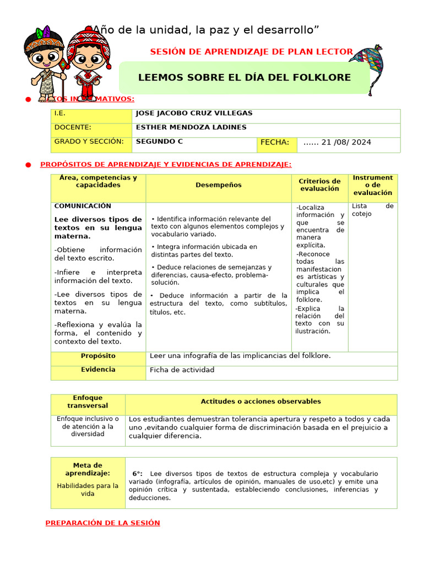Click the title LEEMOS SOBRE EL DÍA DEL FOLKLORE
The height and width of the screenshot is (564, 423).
coord(244,78)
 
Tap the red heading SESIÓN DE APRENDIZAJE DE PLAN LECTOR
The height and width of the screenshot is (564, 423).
coord(251,52)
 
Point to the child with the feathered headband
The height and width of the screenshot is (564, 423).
coord(45,61)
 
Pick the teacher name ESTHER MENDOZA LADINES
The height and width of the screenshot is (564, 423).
coord(191,128)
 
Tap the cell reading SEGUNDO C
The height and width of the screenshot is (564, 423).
coord(159,142)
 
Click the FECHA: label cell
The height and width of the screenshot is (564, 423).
coord(275,143)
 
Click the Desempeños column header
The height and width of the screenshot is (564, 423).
coord(218,185)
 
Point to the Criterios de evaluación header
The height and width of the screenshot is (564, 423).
coord(319,185)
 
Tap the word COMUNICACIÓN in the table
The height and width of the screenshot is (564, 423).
coord(83,206)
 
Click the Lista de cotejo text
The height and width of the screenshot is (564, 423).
coord(372,210)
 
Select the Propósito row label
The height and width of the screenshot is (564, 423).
coord(98,356)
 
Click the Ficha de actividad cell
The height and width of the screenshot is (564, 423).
coord(182,370)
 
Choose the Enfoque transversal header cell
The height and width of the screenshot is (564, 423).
coord(88,402)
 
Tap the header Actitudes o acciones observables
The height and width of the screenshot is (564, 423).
coord(261,402)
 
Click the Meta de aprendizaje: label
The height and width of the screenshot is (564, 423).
coord(88,469)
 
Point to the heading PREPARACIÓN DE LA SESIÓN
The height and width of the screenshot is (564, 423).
coord(102,523)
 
